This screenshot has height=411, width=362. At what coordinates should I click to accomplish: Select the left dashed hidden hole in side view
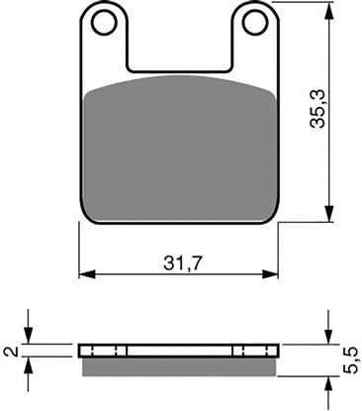tap(116, 351)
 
